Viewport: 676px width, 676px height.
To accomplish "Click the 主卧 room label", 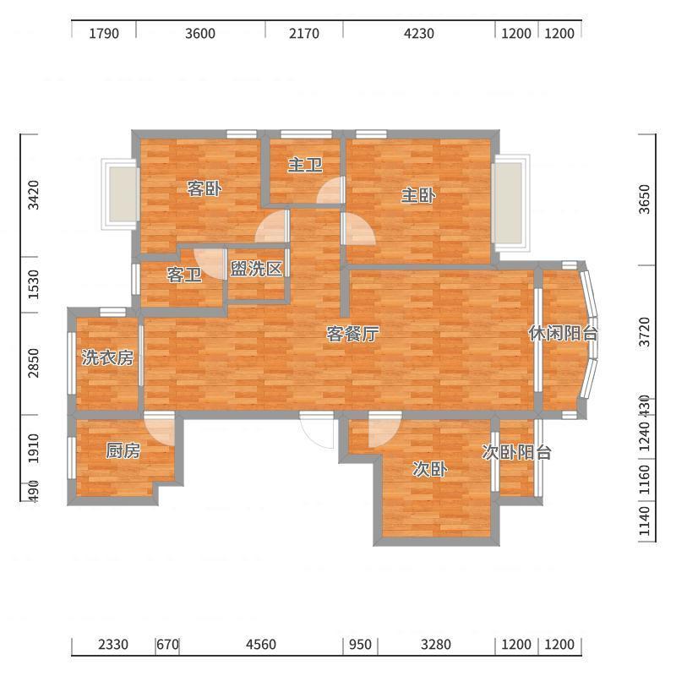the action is [x=418, y=196].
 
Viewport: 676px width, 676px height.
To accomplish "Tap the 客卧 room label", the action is [x=204, y=188].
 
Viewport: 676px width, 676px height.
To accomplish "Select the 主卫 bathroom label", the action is [x=305, y=165].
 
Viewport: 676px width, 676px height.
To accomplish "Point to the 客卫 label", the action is [x=184, y=275].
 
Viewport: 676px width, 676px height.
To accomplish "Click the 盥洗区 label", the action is [x=256, y=269].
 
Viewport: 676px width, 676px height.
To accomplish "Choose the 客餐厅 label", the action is [x=352, y=334].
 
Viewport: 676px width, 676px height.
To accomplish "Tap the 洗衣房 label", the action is [x=107, y=357].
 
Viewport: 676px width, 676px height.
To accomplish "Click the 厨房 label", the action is [x=123, y=450].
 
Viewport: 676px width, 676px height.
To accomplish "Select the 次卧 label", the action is [x=430, y=469].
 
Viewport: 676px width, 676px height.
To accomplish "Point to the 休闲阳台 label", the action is [x=563, y=333].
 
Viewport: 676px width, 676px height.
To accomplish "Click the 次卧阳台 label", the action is [x=516, y=452].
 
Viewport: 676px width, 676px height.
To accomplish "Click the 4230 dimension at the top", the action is [x=418, y=33].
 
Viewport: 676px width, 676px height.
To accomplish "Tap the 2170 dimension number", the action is [x=304, y=33].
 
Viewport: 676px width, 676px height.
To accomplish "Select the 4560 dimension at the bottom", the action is [x=261, y=645].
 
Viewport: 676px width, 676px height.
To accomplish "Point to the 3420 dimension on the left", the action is [x=33, y=195].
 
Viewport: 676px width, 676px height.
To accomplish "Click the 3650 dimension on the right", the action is [x=645, y=199].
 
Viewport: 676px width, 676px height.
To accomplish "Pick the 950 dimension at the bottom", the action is [x=360, y=645].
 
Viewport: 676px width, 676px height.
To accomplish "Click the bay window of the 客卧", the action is [x=120, y=194].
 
